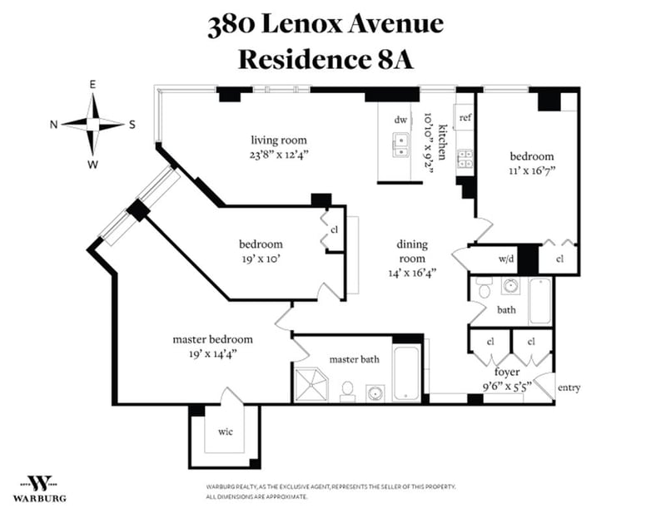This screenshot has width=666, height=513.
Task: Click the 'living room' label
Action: coord(279,140)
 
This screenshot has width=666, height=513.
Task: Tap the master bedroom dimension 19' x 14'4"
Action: coord(212,354)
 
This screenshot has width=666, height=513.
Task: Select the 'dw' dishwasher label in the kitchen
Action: coord(400,120)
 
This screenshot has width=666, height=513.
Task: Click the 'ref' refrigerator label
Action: coord(465,117)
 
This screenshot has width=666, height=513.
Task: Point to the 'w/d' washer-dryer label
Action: coord(506,258)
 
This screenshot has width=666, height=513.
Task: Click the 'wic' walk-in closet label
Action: coord(225,432)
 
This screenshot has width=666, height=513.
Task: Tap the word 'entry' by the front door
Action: coord(569,387)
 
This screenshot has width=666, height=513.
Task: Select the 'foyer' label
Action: coord(507,372)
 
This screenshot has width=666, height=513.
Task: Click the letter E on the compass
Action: coord(92,85)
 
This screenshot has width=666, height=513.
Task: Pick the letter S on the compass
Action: coord(132,125)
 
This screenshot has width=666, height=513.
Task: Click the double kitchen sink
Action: coord(400,146)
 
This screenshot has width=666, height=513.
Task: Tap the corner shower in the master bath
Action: coord(311,384)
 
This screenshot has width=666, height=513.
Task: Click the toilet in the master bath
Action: coord(347,392)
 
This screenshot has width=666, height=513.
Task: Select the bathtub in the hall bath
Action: coord(540,301)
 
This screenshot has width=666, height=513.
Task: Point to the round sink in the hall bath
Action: coord(510,286)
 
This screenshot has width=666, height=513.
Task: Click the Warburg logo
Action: coord(39,488)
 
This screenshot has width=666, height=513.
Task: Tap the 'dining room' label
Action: coord(412,251)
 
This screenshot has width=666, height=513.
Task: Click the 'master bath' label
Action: coord(355,359)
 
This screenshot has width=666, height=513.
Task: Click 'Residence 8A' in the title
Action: coord(326,59)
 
